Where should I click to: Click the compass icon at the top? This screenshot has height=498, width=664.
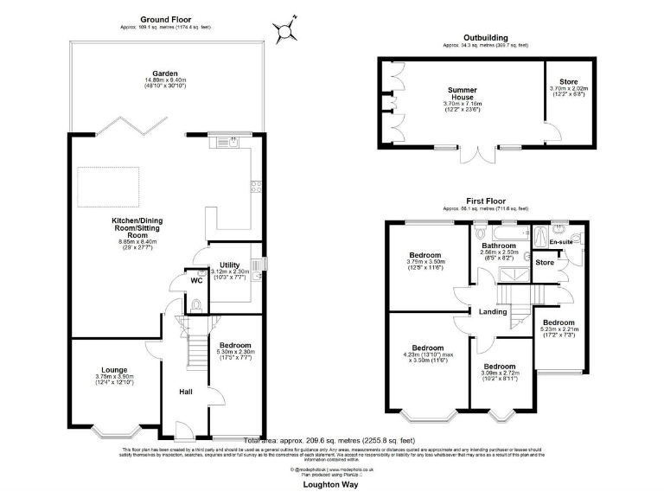pyautogui.click(x=286, y=32)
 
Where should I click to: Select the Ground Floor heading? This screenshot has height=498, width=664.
pyautogui.click(x=165, y=19)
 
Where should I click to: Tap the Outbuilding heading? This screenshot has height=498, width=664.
pyautogui.click(x=485, y=38)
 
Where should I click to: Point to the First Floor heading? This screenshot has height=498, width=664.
pyautogui.click(x=484, y=201)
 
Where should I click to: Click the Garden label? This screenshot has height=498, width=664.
pyautogui.click(x=165, y=74)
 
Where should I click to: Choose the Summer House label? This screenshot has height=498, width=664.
pyautogui.click(x=462, y=90)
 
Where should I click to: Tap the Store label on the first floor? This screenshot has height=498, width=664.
pyautogui.click(x=545, y=262)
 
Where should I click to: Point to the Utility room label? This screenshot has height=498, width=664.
pyautogui.click(x=229, y=265)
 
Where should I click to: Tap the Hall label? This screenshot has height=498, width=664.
pyautogui.click(x=185, y=392)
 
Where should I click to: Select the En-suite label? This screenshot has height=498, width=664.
pyautogui.click(x=562, y=242)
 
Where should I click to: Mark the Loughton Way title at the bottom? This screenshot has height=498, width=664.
pyautogui.click(x=330, y=485)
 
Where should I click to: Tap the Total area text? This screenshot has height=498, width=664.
pyautogui.click(x=328, y=440)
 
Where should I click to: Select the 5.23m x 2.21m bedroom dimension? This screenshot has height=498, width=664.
pyautogui.click(x=561, y=330)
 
